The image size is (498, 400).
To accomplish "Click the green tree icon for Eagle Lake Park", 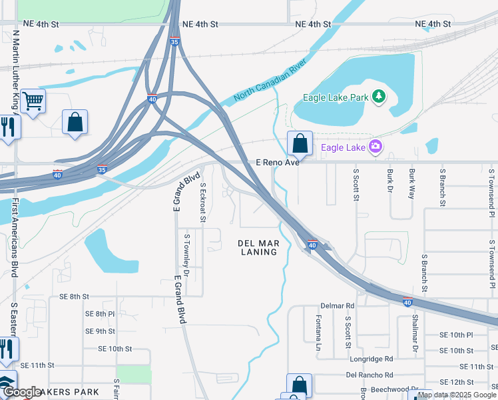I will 379,97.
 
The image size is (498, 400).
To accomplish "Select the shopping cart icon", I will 32,101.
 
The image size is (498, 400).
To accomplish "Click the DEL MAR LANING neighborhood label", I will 258,248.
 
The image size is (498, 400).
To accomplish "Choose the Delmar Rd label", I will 338,305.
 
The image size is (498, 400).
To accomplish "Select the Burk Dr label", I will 390,181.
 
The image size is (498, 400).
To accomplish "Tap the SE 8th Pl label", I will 100,313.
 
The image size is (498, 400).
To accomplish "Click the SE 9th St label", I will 100,331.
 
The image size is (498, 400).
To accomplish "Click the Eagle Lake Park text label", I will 336,97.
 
